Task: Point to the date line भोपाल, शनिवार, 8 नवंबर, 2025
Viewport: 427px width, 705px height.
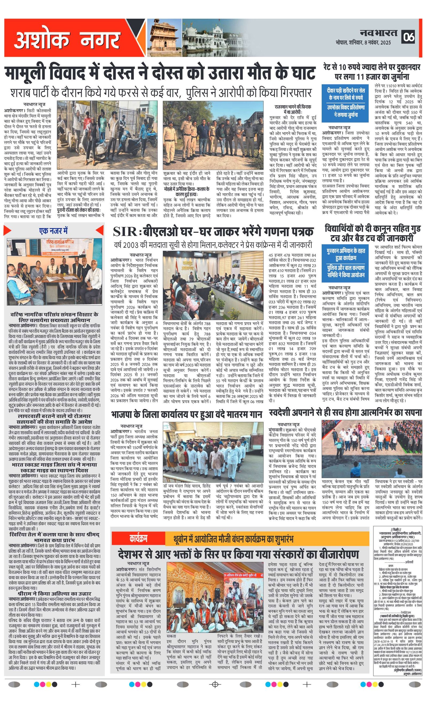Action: coord(363,43)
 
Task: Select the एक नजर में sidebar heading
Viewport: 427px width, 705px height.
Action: coord(54,231)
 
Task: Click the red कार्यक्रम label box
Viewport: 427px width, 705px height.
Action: coord(138,539)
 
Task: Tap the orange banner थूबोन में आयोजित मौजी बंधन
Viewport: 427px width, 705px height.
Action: coord(233,539)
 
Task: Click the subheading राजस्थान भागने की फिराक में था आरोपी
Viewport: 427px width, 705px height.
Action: coord(293,109)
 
